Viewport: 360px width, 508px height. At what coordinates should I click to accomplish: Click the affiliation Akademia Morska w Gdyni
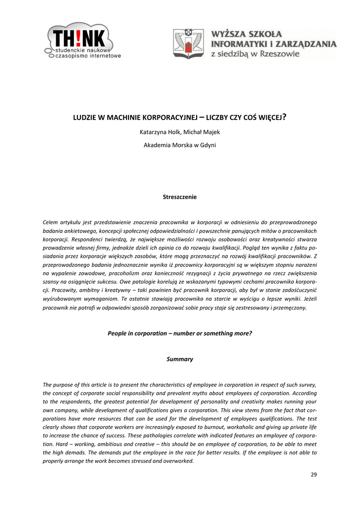click(x=180, y=145)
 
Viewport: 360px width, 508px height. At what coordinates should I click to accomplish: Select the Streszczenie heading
click(x=180, y=197)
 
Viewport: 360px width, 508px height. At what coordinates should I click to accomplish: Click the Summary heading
click(x=180, y=359)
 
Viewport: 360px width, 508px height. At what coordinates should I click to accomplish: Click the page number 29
click(x=313, y=475)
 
